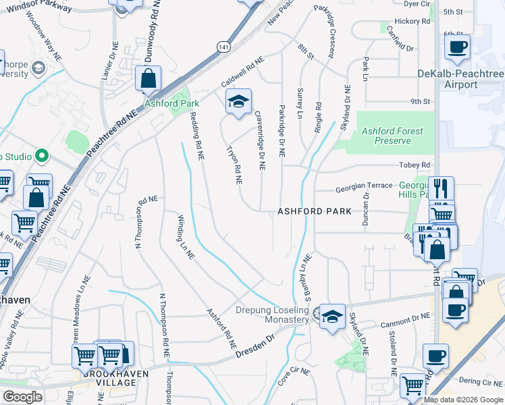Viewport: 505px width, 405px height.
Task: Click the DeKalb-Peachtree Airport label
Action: coord(457,79)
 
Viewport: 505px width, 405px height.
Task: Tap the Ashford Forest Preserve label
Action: coord(393,136)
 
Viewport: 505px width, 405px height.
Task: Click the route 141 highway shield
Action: coord(223,47)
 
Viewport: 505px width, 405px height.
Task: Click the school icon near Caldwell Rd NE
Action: coord(238,101)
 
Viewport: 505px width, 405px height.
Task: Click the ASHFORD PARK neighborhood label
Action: coord(315,211)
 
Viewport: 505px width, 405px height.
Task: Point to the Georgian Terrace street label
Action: coord(363,185)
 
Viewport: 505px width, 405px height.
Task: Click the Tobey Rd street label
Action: coord(416,165)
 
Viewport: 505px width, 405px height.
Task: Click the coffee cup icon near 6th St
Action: coord(458,47)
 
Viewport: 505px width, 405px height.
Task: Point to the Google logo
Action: coord(22,397)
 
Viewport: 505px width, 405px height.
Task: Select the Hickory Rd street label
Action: coord(412,22)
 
